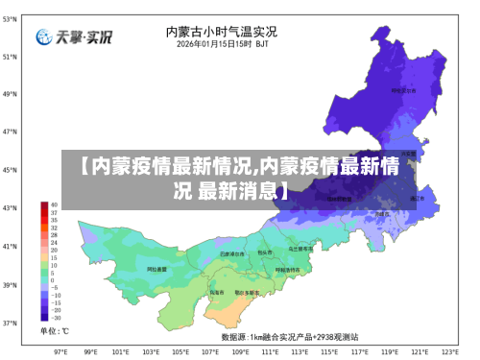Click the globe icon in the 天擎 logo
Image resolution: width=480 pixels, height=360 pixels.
pyautogui.click(x=44, y=38)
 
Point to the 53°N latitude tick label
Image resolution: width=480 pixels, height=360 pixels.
pyautogui.click(x=9, y=19)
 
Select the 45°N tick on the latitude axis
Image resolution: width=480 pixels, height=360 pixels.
pyautogui.click(x=9, y=170)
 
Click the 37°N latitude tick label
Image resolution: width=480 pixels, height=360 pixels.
pyautogui.click(x=9, y=323)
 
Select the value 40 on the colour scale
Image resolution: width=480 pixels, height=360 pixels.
pyautogui.click(x=55, y=205)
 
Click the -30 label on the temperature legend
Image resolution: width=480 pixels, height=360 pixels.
pyautogui.click(x=56, y=318)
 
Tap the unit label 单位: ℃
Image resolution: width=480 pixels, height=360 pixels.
pyautogui.click(x=54, y=331)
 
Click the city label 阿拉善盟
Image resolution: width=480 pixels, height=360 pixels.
pyautogui.click(x=157, y=270)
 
